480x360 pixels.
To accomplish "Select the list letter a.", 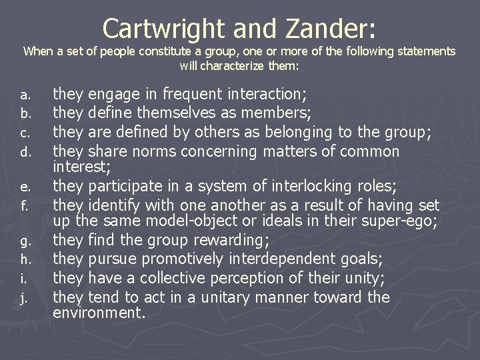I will [x=24, y=95].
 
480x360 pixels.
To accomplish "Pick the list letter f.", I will [x=24, y=205].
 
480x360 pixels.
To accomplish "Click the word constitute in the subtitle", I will [x=159, y=51].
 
